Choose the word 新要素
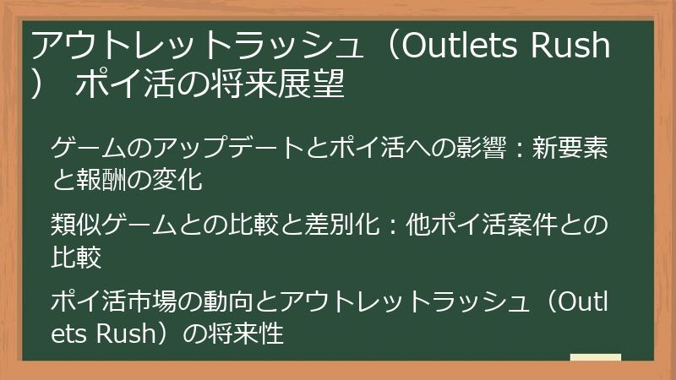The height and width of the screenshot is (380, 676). (x=574, y=151)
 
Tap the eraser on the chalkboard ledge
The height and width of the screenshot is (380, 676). (x=595, y=357)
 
